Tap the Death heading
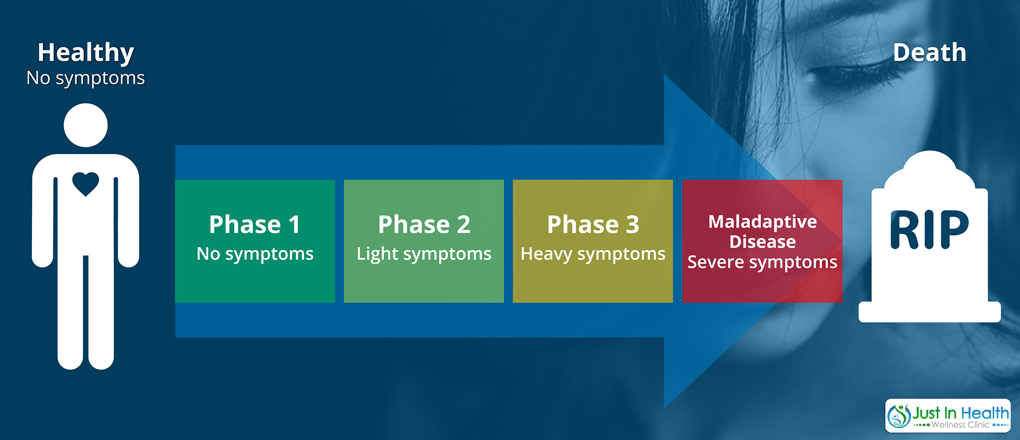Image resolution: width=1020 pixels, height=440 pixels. [x=930, y=53]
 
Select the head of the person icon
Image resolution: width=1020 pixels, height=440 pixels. [x=86, y=125]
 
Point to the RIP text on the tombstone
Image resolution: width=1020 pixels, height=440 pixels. [x=929, y=230]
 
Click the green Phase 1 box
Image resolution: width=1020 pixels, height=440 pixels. [x=255, y=241]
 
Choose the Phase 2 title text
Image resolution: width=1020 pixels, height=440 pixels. [x=424, y=224]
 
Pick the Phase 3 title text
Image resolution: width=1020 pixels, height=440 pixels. [x=593, y=224]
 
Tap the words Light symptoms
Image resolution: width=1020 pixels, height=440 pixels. [x=424, y=255]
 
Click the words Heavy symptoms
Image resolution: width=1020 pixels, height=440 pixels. [x=593, y=255]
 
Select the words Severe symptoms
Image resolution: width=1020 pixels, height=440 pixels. [x=762, y=263]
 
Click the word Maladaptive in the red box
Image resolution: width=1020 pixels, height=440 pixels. [x=762, y=222]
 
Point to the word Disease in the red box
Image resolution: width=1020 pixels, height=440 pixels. [x=762, y=242]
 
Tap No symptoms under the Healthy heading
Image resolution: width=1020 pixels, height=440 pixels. [x=86, y=79]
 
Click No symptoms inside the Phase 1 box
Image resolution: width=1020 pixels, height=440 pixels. [x=255, y=255]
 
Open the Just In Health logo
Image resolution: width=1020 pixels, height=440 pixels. [x=948, y=416]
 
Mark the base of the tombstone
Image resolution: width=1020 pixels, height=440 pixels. [x=930, y=311]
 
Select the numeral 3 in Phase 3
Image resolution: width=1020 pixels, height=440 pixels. [x=632, y=224]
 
